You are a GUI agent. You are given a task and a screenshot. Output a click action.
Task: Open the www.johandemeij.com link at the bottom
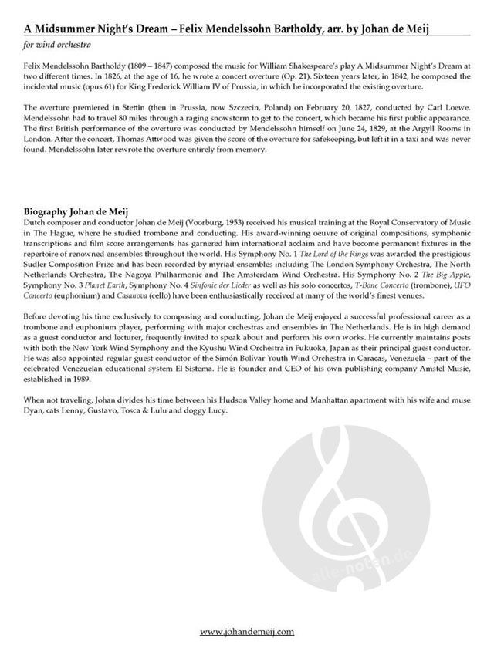[246, 632]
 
